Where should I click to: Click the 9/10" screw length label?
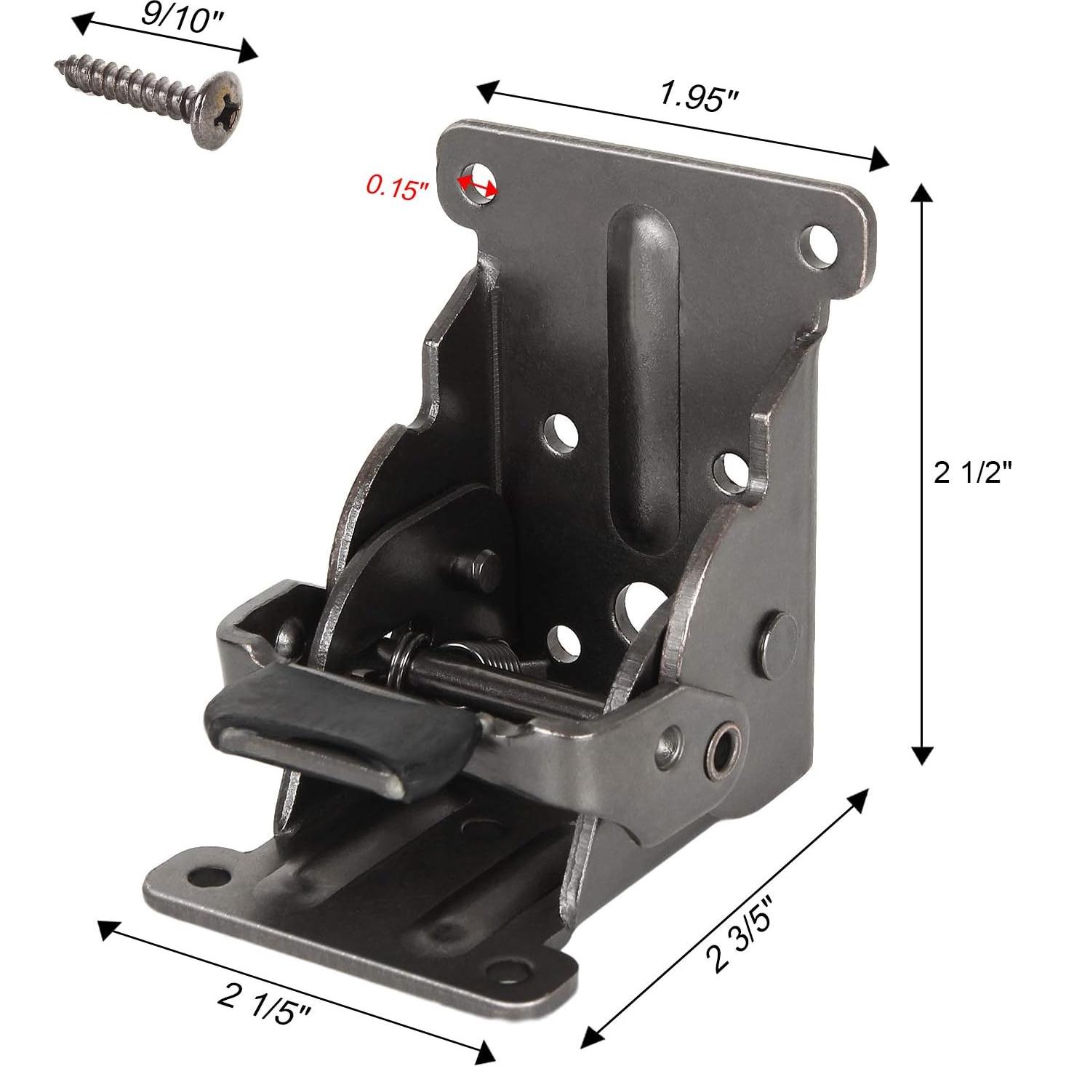[x=174, y=15]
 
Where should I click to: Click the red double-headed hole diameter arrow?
[x=477, y=185]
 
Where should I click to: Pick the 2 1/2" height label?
[x=972, y=474]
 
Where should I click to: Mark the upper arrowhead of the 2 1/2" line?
[x=922, y=195]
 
